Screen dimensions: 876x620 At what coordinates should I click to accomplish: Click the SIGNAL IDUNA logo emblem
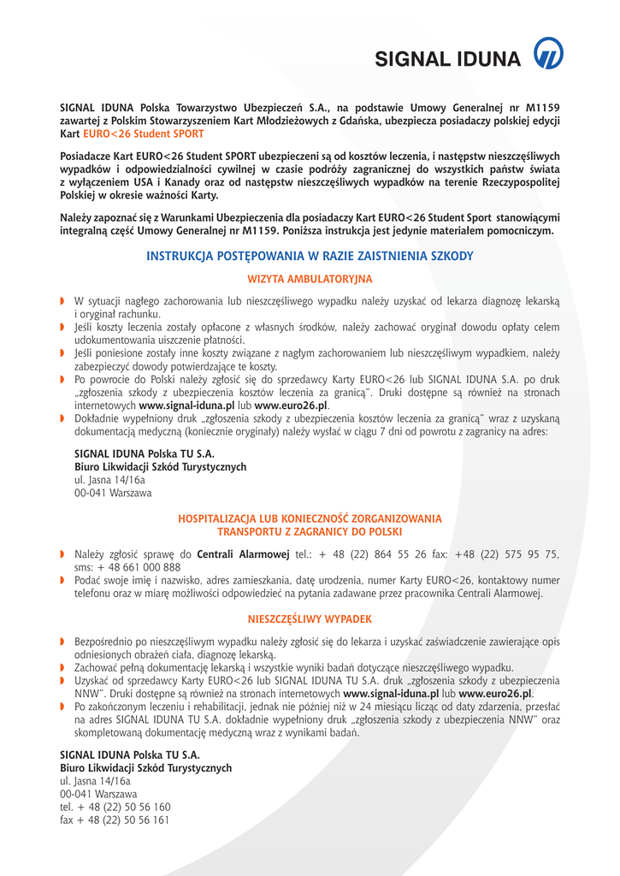click(x=548, y=56)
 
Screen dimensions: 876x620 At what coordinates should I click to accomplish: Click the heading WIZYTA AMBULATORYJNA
click(x=310, y=279)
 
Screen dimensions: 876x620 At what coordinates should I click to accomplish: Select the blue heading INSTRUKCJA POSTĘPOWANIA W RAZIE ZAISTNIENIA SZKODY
click(x=310, y=256)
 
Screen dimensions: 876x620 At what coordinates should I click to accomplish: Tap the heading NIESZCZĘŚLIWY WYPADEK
click(x=310, y=619)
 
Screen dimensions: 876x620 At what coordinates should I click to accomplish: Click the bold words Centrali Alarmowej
click(x=243, y=554)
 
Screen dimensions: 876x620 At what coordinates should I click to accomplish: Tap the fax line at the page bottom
click(x=115, y=820)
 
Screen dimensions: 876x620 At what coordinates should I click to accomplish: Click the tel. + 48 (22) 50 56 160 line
click(x=115, y=807)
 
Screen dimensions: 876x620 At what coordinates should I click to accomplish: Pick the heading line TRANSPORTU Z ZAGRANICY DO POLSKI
click(x=310, y=531)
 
